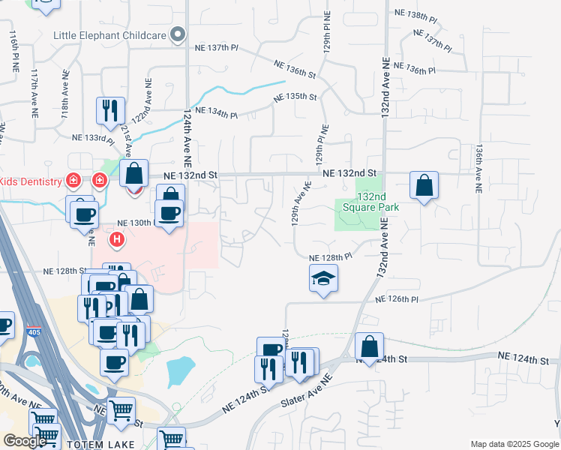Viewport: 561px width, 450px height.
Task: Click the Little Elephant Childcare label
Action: tap(109, 34)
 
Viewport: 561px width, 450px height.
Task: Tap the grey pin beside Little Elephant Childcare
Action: tap(177, 34)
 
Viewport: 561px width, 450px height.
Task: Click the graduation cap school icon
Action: tap(323, 279)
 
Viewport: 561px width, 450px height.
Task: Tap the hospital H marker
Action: tap(116, 240)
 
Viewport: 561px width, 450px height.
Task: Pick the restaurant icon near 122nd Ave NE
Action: tap(110, 111)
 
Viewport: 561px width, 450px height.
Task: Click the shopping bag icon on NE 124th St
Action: tap(369, 347)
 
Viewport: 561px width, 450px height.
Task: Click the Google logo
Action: tap(24, 441)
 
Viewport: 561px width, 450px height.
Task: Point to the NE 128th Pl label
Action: tap(331, 257)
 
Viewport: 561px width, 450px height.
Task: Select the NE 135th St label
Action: tap(296, 97)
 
